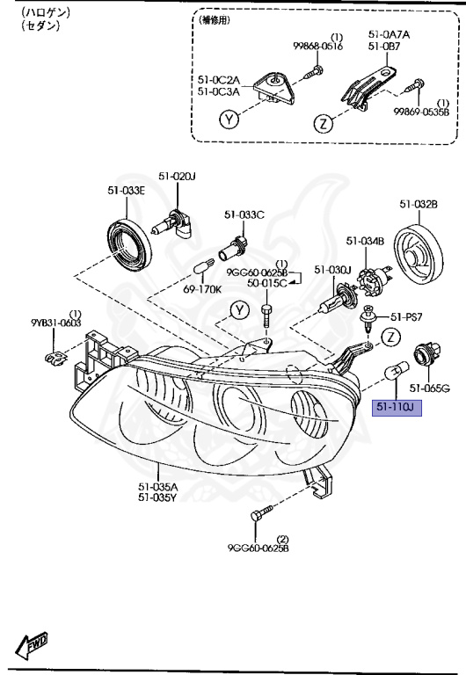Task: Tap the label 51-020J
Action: tap(177, 177)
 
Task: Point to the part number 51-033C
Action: tap(244, 214)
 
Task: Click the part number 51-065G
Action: tap(432, 388)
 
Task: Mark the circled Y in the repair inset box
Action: tap(229, 120)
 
